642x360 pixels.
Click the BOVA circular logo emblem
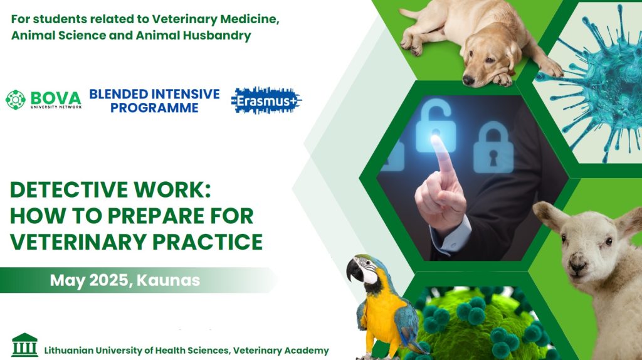[x=16, y=100]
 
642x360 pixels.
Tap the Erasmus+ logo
[x=266, y=100]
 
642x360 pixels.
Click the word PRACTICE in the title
[x=208, y=241]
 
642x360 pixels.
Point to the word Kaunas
[x=168, y=280]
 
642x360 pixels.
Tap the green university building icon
[x=24, y=344]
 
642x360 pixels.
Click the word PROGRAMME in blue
[x=154, y=108]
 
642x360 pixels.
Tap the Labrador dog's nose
[x=468, y=80]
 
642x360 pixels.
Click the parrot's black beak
[x=354, y=271]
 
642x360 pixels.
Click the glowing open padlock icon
[x=436, y=126]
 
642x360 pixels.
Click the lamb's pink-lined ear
[x=547, y=215]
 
